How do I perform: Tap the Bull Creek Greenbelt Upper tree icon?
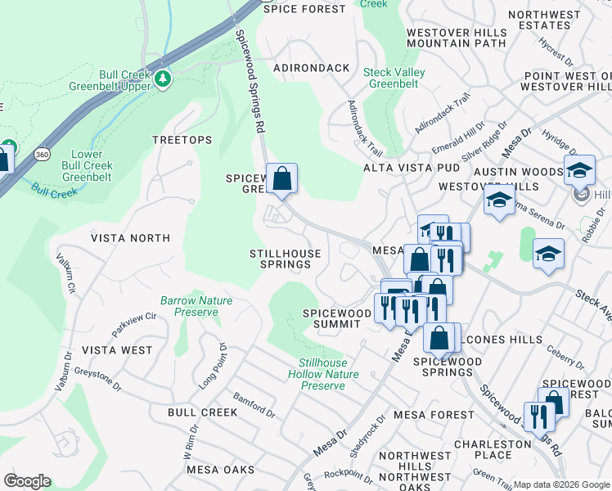click(x=164, y=79)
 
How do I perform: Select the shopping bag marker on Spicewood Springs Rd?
click(x=281, y=178)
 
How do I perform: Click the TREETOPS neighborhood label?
click(x=182, y=141)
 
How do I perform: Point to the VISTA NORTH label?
click(x=130, y=238)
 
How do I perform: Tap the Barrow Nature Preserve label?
click(x=196, y=306)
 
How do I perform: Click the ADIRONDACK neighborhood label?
click(x=312, y=68)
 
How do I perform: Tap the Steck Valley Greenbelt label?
click(x=394, y=77)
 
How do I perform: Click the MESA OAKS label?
click(x=221, y=470)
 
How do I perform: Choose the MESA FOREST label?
click(x=434, y=415)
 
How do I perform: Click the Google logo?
click(x=27, y=481)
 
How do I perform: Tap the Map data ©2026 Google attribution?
click(x=561, y=484)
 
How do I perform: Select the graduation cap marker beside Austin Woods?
click(x=579, y=169)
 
